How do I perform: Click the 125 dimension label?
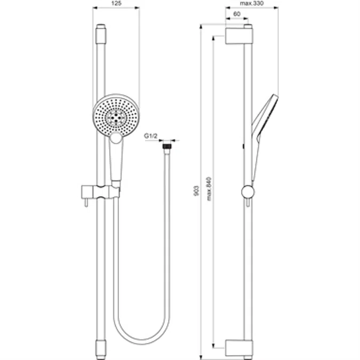click(116, 4)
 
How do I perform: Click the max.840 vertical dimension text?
click(211, 188)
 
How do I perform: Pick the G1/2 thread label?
click(150, 137)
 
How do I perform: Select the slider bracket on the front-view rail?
click(100, 190)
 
